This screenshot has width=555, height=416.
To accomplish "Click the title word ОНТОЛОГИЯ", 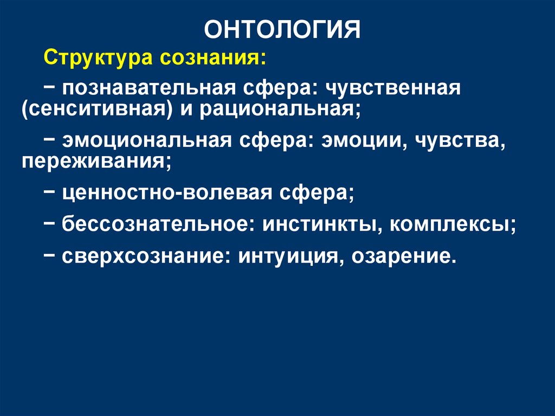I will [x=282, y=30].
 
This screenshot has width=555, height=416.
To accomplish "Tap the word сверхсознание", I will [x=141, y=254].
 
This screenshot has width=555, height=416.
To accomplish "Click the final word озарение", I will [x=400, y=254].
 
